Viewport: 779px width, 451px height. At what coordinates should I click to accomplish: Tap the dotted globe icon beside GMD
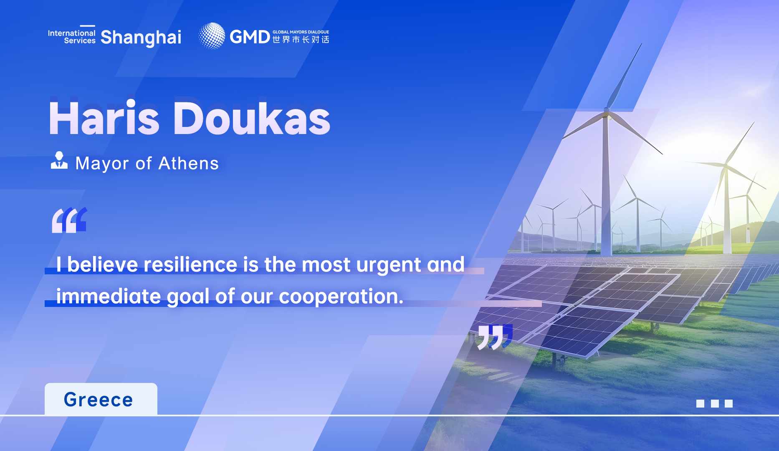tap(212, 36)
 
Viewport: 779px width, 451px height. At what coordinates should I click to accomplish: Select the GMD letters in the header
tap(250, 37)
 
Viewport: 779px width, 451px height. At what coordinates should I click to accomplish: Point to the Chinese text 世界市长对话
tap(301, 40)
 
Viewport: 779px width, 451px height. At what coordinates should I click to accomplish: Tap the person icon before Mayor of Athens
tap(59, 160)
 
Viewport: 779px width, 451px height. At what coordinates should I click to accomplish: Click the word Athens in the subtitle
tap(189, 163)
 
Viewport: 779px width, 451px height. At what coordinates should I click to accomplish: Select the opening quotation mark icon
tap(69, 220)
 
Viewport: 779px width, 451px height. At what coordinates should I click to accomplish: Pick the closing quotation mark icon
tap(495, 337)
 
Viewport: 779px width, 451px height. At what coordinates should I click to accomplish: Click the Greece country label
tap(99, 400)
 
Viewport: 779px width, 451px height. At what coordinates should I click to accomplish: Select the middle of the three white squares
tap(715, 403)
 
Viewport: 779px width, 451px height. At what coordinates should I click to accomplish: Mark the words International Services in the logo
tap(72, 37)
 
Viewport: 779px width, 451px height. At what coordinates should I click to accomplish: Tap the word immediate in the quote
tap(109, 296)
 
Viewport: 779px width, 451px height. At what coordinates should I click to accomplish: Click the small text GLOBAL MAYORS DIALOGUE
tap(301, 32)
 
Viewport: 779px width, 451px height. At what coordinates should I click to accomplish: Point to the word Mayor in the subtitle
tap(102, 164)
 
